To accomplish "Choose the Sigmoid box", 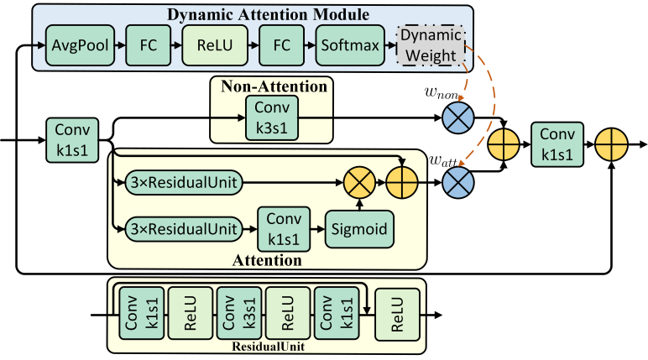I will coord(359,227).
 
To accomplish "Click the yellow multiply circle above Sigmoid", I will coord(358,180).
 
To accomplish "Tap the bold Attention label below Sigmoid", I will coord(267,260).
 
